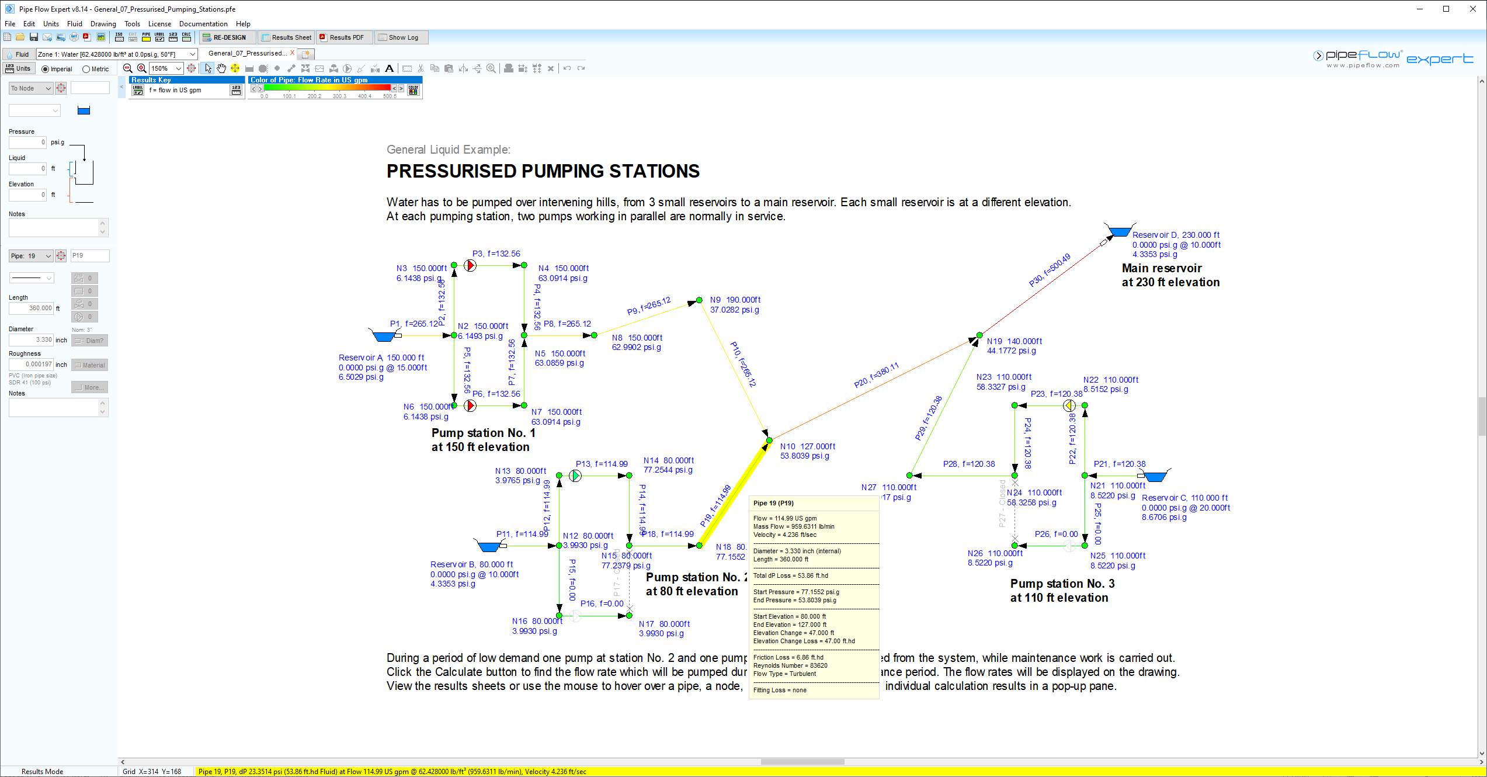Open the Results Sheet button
[x=287, y=37]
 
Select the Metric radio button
[x=86, y=69]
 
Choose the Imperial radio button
[x=46, y=69]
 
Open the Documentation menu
[x=203, y=24]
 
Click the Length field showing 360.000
[x=32, y=308]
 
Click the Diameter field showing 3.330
[x=32, y=339]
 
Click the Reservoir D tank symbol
[x=1119, y=231]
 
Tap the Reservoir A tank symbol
[x=383, y=336]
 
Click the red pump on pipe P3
[x=470, y=266]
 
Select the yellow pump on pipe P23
[x=1069, y=405]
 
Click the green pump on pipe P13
[x=575, y=476]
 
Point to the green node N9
[x=699, y=300]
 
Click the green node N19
[x=979, y=335]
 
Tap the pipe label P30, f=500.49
[x=1050, y=270]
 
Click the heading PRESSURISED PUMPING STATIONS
[x=543, y=171]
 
